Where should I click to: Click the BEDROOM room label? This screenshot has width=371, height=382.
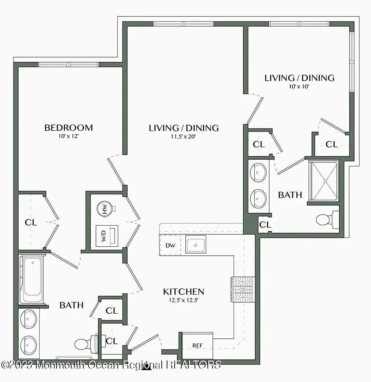[x=68, y=128]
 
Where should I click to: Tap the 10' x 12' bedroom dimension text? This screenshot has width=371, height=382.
[x=68, y=136]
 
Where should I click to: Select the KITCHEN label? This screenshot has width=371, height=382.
[x=183, y=291]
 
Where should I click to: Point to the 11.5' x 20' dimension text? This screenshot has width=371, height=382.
[x=184, y=137]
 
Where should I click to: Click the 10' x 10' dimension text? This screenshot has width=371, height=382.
[x=299, y=87]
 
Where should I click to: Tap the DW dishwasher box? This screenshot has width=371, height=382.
[x=170, y=245]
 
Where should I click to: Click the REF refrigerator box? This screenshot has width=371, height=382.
[x=197, y=345]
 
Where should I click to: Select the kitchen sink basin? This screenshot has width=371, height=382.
[x=195, y=244]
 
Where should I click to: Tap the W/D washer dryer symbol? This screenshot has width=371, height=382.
[x=108, y=236]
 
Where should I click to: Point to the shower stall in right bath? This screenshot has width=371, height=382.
[x=324, y=181]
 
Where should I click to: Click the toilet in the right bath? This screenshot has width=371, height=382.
[x=326, y=219]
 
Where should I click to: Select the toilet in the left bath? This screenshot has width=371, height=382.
[x=84, y=343]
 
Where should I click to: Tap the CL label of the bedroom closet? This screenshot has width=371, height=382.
[x=31, y=222]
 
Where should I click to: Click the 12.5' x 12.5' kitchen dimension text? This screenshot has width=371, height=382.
[x=183, y=301]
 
